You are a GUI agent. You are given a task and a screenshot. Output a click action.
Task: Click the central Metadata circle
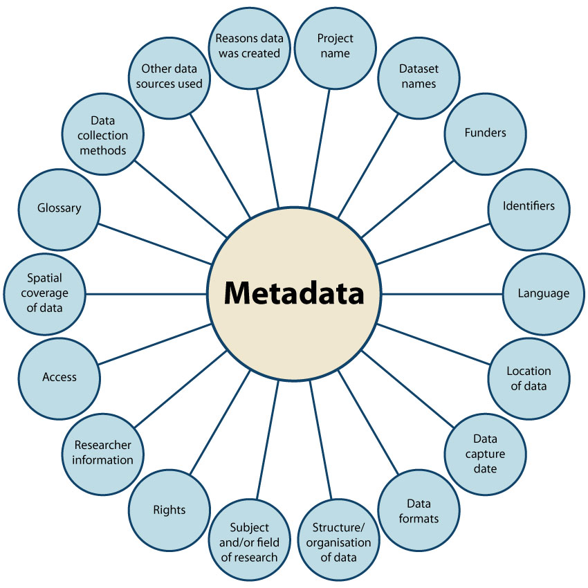[x=295, y=294]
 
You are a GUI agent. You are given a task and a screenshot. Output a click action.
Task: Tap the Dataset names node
[x=418, y=76]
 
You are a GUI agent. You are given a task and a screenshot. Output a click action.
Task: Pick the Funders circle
[x=484, y=132]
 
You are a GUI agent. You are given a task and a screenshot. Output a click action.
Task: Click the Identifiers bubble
[x=529, y=206]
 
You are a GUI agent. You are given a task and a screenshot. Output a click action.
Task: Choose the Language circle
[x=543, y=293]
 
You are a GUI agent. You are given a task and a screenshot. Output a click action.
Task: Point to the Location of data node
[x=529, y=378]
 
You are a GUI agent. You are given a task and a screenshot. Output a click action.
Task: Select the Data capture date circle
[x=485, y=454]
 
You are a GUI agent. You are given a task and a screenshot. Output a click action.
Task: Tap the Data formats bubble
[x=418, y=511]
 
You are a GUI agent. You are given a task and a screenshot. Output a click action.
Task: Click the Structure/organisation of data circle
[x=336, y=542]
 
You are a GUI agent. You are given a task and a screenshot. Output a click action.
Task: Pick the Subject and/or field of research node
[x=249, y=542]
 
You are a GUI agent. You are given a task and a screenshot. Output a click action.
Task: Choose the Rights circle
[x=169, y=511]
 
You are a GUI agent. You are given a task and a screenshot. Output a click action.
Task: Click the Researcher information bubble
[x=104, y=452]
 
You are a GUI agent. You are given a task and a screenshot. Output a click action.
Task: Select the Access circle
[x=59, y=377]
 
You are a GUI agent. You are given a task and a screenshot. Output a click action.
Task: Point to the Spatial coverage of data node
[x=45, y=293]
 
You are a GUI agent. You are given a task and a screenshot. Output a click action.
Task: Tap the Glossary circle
[x=59, y=208]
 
